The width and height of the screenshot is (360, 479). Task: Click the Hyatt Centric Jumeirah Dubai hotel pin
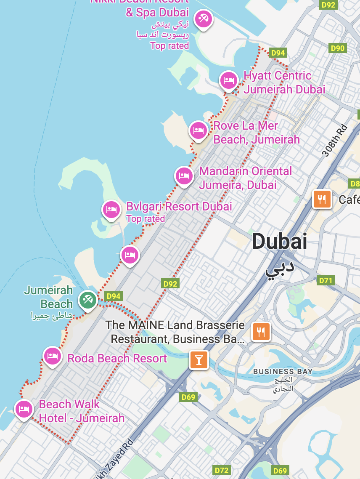(x=228, y=80)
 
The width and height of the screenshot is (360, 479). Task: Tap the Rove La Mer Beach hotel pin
(x=198, y=130)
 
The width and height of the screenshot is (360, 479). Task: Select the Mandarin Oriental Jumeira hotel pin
(x=183, y=176)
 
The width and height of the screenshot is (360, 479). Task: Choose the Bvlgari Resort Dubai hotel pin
(x=111, y=209)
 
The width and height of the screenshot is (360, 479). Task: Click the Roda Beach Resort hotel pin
(x=52, y=356)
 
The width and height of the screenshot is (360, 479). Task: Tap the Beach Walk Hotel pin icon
(x=24, y=409)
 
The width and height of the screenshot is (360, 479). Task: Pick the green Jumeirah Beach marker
(x=87, y=300)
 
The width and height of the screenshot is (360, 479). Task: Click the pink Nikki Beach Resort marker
(x=203, y=19)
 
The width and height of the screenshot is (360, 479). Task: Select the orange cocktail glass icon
(x=199, y=359)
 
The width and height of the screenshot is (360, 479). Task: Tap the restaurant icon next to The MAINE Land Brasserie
(x=261, y=332)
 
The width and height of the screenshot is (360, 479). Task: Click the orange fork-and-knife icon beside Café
(x=322, y=199)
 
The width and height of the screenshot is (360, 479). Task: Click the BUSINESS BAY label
(x=283, y=371)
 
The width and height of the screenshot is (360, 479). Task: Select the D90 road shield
(x=337, y=48)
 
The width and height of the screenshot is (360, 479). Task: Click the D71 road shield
(x=326, y=280)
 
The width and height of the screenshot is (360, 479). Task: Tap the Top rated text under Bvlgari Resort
(x=146, y=219)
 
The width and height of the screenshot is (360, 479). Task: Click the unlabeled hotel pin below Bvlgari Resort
(x=130, y=255)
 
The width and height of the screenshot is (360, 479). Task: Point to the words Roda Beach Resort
(x=117, y=359)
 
